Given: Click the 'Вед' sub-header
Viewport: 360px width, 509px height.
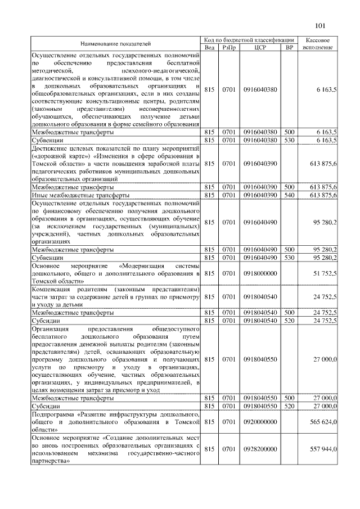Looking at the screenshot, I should [209, 47].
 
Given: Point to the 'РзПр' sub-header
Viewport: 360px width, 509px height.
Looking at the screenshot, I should [229, 47].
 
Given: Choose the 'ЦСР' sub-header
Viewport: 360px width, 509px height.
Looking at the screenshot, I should [260, 47].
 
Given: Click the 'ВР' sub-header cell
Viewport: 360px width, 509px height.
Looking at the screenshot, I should [290, 47].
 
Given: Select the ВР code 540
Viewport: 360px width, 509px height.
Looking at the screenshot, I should [290, 195].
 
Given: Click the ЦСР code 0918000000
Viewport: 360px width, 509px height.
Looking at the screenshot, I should [260, 273].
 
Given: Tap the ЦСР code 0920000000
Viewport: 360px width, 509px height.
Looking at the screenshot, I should [260, 421].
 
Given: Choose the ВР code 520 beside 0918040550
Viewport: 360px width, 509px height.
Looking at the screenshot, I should [290, 406].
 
